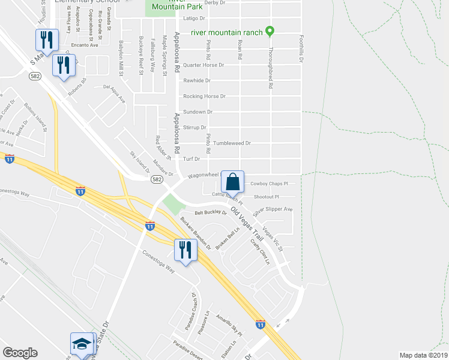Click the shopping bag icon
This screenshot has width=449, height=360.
click(232, 181)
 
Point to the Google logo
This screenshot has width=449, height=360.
click(20, 353)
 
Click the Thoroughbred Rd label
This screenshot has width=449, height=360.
click(271, 68)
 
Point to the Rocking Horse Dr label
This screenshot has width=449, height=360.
click(204, 96)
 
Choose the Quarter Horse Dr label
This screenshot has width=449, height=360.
click(203, 65)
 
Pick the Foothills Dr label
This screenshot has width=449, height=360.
click(303, 49)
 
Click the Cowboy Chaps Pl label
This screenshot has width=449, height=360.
click(269, 184)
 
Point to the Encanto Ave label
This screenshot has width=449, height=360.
click(84, 45)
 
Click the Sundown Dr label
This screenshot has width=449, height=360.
click(197, 112)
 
